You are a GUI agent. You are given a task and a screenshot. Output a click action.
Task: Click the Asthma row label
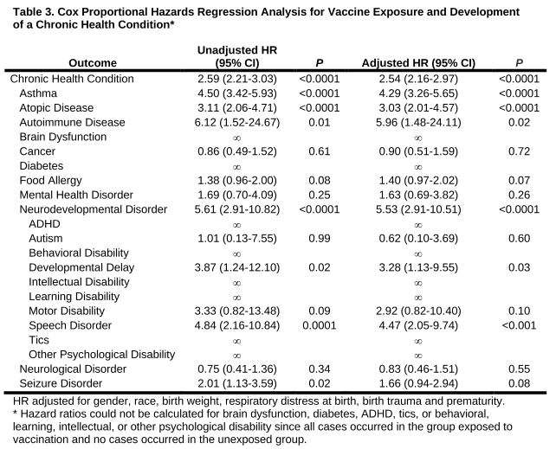point(39,93)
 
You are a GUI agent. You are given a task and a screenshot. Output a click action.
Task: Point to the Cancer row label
point(39,151)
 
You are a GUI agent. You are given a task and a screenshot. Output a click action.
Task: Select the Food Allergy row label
point(50,181)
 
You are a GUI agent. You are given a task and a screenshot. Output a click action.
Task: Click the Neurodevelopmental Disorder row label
point(93,209)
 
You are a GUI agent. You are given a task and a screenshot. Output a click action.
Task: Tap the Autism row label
point(45,239)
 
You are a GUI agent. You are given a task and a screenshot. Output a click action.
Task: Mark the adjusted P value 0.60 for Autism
point(519,239)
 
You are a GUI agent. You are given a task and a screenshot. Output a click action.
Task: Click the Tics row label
point(40,340)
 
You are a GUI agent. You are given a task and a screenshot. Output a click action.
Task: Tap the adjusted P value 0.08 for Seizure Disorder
point(519,384)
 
